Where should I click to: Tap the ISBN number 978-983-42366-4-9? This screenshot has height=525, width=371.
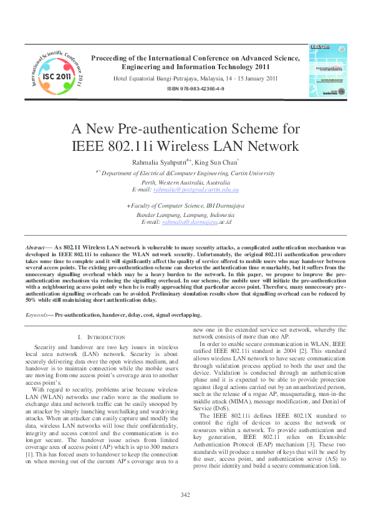tap(195, 90)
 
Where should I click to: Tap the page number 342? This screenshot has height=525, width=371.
tap(185, 495)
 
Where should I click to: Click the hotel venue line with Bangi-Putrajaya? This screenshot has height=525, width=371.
tap(195, 79)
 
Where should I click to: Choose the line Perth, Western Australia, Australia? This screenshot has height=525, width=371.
tap(186, 181)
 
